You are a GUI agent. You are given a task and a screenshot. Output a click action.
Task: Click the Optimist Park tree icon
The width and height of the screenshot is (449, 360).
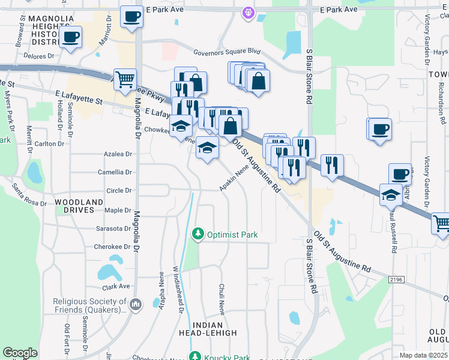pyautogui.click(x=197, y=233)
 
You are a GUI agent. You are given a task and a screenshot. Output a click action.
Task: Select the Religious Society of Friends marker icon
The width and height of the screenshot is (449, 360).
pyautogui.click(x=136, y=305)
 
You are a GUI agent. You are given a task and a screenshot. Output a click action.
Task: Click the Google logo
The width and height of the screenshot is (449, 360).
pyautogui.click(x=20, y=353)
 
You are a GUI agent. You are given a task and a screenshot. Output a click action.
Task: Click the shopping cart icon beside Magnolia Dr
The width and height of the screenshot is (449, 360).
pyautogui.click(x=125, y=79)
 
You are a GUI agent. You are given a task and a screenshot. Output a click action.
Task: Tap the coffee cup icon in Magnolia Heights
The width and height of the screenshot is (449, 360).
pyautogui.click(x=70, y=37)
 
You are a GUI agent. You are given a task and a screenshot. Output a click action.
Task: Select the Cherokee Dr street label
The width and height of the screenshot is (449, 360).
pyautogui.click(x=112, y=247)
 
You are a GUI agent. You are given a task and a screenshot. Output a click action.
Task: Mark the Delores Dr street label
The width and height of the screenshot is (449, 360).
pyautogui.click(x=38, y=56)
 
